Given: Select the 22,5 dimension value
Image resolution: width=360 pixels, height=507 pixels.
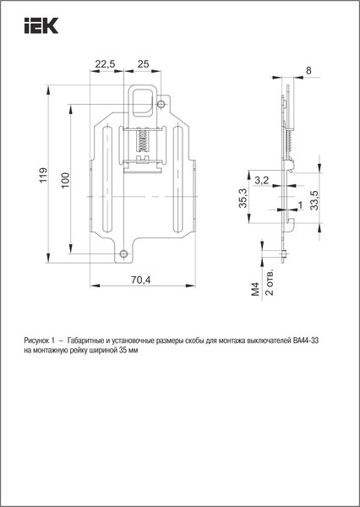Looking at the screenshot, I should [106, 64].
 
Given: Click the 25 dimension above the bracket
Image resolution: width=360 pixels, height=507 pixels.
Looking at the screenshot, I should [143, 64].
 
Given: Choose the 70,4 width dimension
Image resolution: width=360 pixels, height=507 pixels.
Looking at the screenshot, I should [140, 281].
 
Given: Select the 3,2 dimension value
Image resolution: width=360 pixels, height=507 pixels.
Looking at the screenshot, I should [261, 180].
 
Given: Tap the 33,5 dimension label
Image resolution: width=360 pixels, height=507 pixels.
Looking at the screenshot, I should [314, 198].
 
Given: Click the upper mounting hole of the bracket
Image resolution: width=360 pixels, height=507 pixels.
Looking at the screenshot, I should [161, 105].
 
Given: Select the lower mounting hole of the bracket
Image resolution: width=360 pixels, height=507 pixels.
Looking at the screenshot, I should [124, 253].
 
